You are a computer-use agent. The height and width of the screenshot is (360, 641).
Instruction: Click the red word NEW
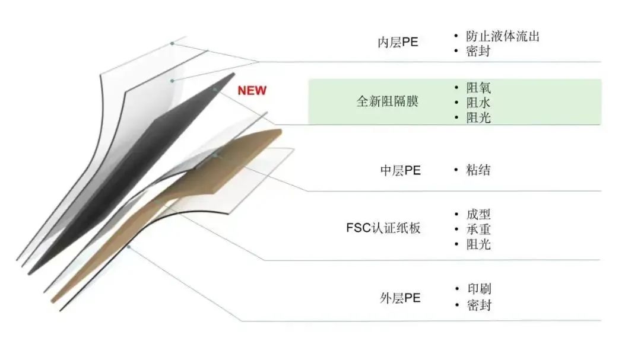click(252, 91)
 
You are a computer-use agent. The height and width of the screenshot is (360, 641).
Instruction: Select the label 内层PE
click(398, 43)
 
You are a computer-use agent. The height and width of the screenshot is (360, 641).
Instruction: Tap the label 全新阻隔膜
click(387, 101)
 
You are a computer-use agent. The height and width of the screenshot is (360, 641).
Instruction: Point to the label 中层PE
click(400, 171)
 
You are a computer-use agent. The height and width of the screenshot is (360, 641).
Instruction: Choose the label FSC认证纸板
click(383, 228)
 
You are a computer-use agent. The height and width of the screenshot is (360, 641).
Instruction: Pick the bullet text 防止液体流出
click(503, 36)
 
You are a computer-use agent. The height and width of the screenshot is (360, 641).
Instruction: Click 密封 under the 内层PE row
click(478, 52)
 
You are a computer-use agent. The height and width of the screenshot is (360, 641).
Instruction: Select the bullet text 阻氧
click(478, 88)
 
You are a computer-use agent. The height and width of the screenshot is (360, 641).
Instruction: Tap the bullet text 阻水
click(478, 103)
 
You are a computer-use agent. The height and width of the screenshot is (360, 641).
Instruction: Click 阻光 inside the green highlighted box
click(478, 117)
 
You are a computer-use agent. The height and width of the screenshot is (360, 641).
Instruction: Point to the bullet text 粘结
click(478, 170)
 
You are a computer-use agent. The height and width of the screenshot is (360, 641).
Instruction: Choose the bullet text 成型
click(478, 214)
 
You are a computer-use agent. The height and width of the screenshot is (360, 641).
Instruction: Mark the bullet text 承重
click(478, 229)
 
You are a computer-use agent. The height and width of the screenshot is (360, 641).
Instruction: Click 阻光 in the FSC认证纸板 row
click(478, 244)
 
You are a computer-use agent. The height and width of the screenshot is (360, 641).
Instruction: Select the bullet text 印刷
click(478, 289)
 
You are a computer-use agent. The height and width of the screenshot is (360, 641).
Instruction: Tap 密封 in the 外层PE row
click(478, 305)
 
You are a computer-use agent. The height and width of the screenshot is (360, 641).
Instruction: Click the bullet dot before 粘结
click(456, 170)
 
